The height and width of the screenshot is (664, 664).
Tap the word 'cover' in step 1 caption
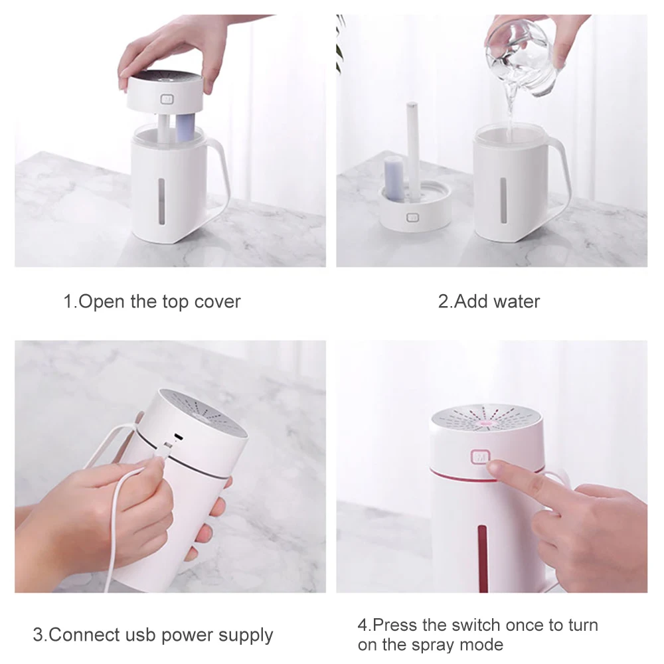click(217, 302)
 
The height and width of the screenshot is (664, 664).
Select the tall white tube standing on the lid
click(412, 148)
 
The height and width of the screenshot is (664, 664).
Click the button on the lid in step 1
click(167, 100)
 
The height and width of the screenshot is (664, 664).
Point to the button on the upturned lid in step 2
click(412, 218)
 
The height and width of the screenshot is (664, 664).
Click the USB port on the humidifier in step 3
click(179, 437)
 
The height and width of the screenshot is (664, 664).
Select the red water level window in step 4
click(482, 558)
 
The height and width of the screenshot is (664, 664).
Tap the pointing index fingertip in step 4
click(493, 467)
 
